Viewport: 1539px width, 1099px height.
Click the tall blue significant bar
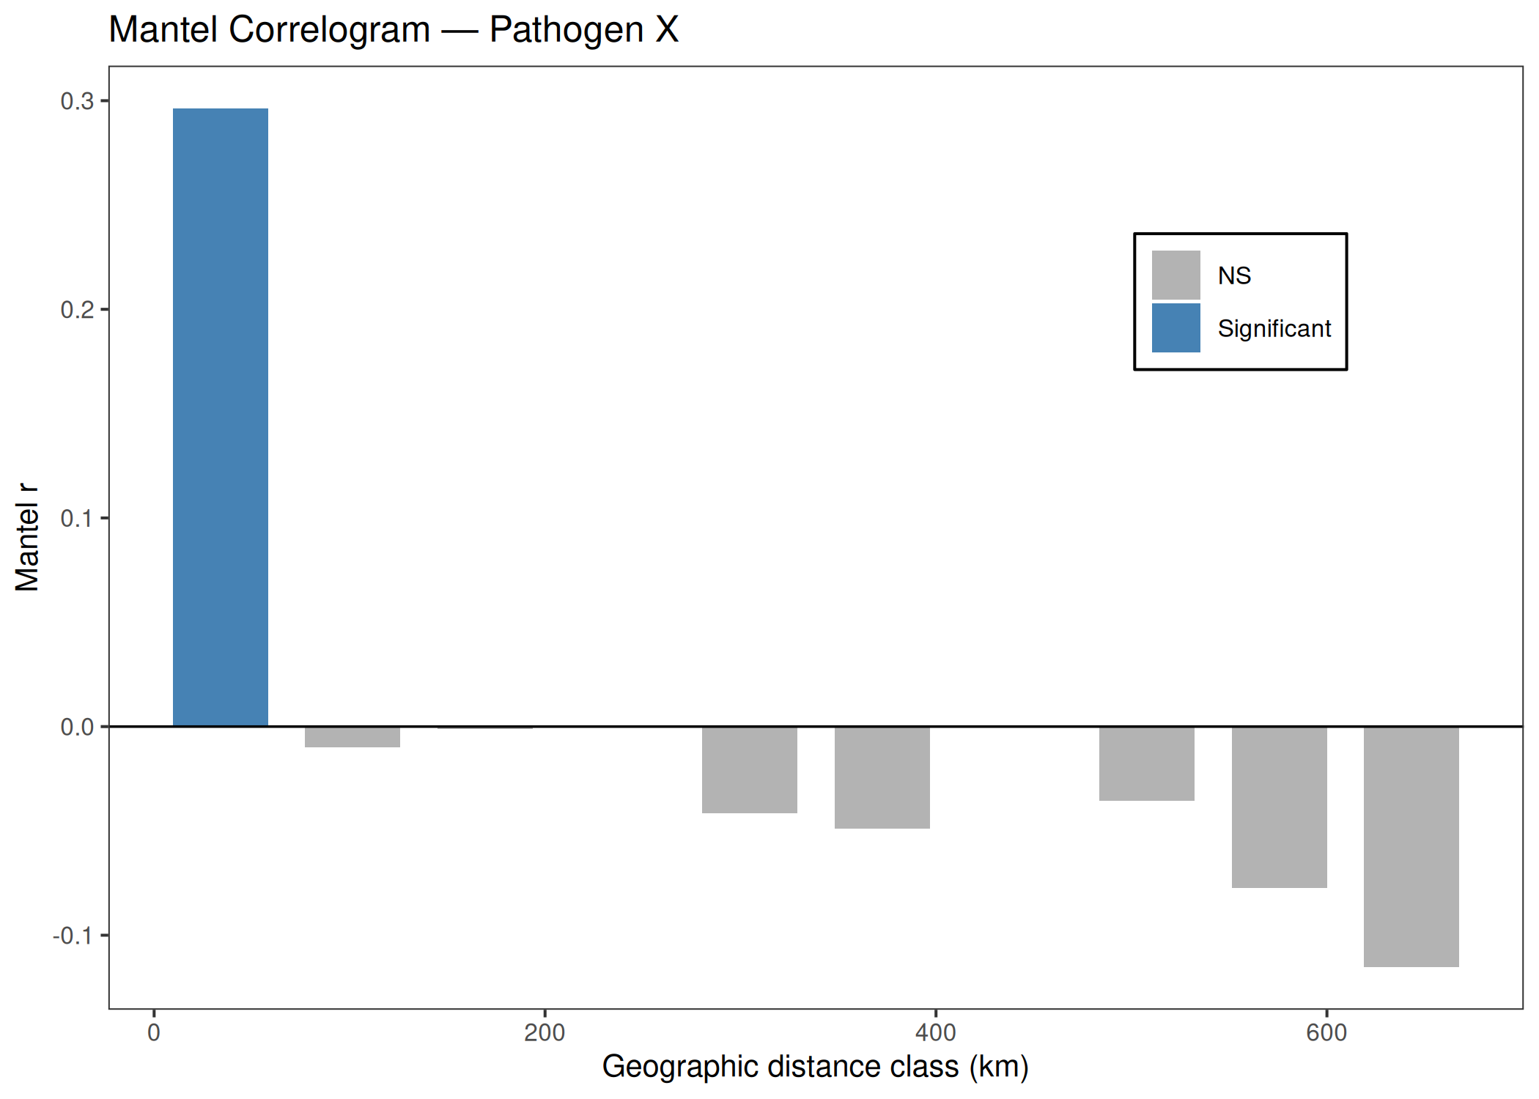point(221,417)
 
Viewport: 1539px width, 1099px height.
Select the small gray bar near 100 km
point(353,737)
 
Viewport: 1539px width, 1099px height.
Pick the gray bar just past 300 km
point(750,770)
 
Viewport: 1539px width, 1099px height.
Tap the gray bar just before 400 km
point(882,777)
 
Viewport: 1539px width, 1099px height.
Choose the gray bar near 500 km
point(1147,763)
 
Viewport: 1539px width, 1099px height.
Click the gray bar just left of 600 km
point(1280,807)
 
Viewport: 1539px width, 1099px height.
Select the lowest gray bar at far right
point(1411,847)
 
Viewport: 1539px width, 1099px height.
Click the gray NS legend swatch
point(1176,275)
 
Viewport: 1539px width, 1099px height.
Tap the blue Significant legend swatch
point(1176,328)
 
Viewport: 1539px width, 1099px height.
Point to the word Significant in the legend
point(1274,329)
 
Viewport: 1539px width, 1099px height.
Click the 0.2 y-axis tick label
point(78,310)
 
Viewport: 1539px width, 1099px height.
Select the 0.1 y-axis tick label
point(78,519)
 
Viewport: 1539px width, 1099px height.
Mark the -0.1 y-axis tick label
point(73,936)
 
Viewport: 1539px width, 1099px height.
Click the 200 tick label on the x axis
point(545,1033)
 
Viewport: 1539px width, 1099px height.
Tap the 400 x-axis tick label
point(936,1033)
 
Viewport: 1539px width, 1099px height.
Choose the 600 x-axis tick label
point(1326,1033)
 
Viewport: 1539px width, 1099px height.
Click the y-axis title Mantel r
point(27,537)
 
